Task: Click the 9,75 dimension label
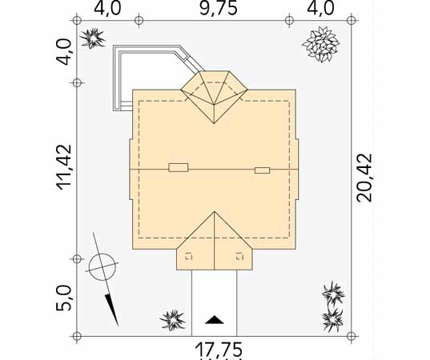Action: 218,9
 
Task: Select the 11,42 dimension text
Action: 64,167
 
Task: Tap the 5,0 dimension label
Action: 63,298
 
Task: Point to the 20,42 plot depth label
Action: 364,178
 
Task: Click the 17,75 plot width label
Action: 219,350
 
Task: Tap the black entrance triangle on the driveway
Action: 215,320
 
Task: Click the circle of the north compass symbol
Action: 102,267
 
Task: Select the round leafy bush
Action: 321,44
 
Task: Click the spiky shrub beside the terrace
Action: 92,38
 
